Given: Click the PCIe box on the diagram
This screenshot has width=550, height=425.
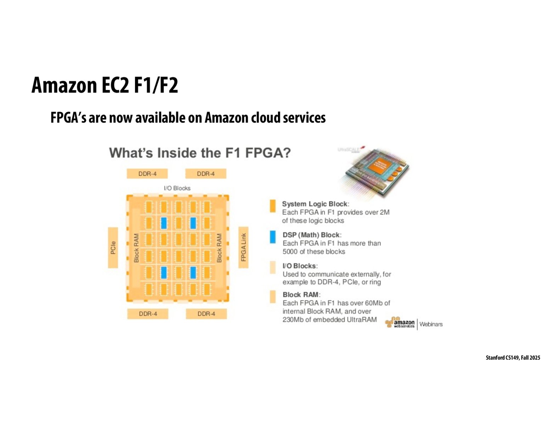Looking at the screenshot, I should point(113,248).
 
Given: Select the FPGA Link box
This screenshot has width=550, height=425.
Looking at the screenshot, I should point(243,247).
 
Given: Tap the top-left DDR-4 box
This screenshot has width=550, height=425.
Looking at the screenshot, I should point(147,174).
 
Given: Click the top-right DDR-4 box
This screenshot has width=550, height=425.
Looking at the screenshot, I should point(206,174).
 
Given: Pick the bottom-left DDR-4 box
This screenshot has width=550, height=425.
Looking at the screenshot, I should point(148,314).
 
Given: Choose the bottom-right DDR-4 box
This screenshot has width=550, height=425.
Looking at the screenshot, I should point(206,314).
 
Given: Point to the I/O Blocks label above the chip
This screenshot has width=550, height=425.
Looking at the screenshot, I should point(177,188).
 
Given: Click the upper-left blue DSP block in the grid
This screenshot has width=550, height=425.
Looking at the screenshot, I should point(164,223).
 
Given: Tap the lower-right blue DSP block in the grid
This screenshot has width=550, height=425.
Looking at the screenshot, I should point(193,273).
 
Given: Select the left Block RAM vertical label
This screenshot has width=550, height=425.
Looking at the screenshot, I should point(136,248).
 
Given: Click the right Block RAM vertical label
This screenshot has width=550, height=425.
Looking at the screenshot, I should point(219,248).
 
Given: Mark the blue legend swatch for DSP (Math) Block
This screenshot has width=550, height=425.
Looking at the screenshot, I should point(273,237).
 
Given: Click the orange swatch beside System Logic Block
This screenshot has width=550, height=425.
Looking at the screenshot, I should point(273,206).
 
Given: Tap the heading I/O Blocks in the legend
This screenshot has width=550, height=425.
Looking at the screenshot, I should point(300,266).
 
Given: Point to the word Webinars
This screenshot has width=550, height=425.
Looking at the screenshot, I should point(431,324).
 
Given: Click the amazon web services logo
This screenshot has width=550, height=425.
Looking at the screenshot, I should point(400,323).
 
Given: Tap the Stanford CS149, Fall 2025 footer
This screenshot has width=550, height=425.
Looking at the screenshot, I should point(512,358).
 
